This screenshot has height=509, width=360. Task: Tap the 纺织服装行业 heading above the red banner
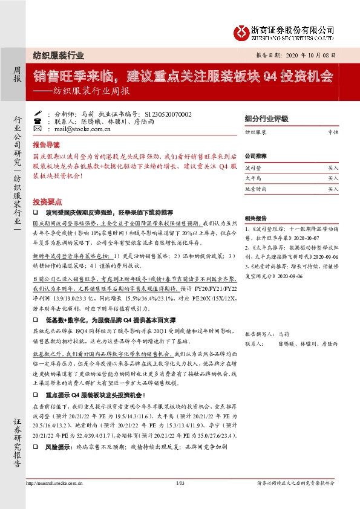click(x=58, y=54)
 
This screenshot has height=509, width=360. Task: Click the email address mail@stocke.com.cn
click(x=83, y=129)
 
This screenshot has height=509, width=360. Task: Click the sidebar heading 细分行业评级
click(x=262, y=118)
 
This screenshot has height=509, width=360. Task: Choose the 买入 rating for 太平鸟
click(x=333, y=178)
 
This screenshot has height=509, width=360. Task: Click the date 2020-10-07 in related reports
click(x=310, y=238)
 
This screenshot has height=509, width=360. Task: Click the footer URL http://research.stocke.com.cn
click(x=54, y=483)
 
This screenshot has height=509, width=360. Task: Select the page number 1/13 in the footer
click(x=180, y=483)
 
